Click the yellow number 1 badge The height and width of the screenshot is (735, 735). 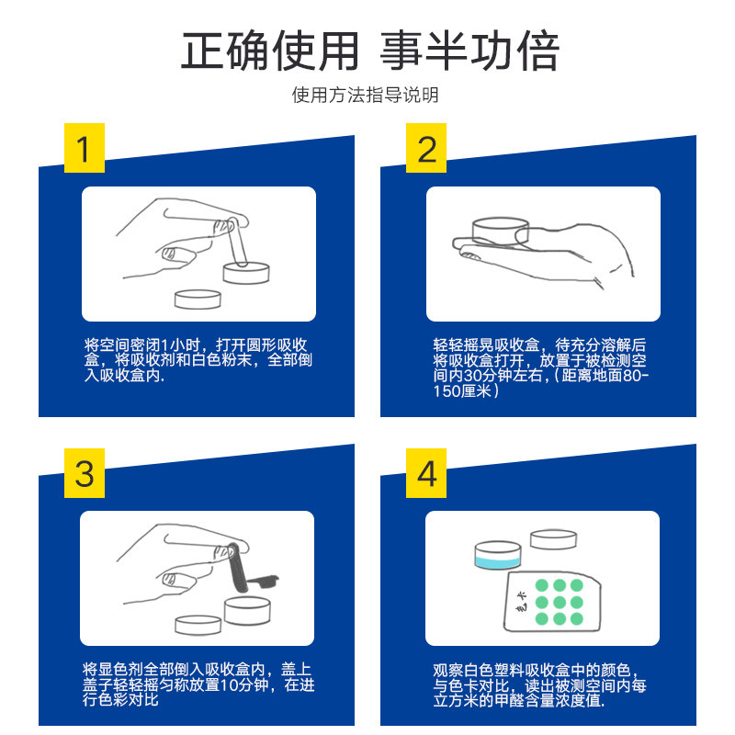(85, 148)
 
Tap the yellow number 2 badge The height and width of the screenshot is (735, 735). (426, 148)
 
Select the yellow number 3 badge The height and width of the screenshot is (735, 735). (85, 473)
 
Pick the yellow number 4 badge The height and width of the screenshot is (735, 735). (426, 473)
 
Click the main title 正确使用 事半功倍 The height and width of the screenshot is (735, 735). (370, 51)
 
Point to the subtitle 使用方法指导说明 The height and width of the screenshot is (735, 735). (365, 96)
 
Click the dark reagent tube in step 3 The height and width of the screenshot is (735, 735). (238, 567)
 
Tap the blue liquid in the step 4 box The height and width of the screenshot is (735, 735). (497, 562)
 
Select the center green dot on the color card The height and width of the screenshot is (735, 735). (560, 602)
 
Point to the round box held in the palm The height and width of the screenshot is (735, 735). (501, 231)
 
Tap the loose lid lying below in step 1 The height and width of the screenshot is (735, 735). (198, 300)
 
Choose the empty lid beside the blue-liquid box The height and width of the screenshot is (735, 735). (554, 539)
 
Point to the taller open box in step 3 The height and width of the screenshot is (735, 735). (247, 610)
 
